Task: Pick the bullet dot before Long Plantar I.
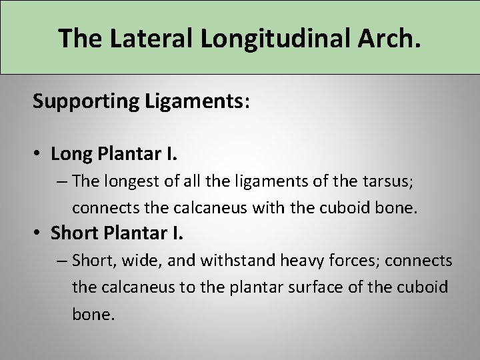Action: [40, 154]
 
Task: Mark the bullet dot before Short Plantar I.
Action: [40, 234]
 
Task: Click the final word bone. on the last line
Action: [93, 314]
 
